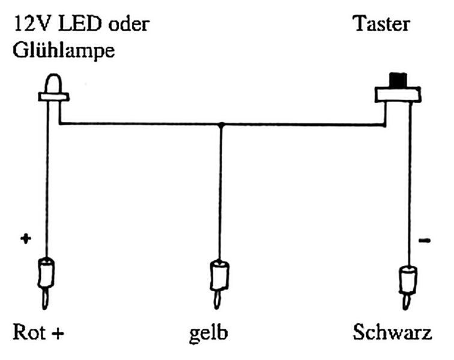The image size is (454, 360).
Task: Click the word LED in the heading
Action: coord(78,25)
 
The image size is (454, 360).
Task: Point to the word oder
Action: coord(128,25)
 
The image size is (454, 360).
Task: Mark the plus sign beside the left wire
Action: coord(25,239)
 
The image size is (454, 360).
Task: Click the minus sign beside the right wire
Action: coord(423,241)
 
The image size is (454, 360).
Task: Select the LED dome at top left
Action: coord(53,83)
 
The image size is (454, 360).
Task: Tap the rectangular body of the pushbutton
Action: coord(397,95)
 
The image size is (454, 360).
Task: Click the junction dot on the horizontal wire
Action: coord(221,125)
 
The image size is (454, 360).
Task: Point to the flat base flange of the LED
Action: coord(54,95)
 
